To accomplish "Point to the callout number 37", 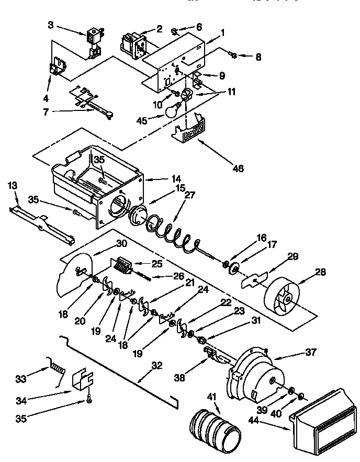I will tap(311, 352).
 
